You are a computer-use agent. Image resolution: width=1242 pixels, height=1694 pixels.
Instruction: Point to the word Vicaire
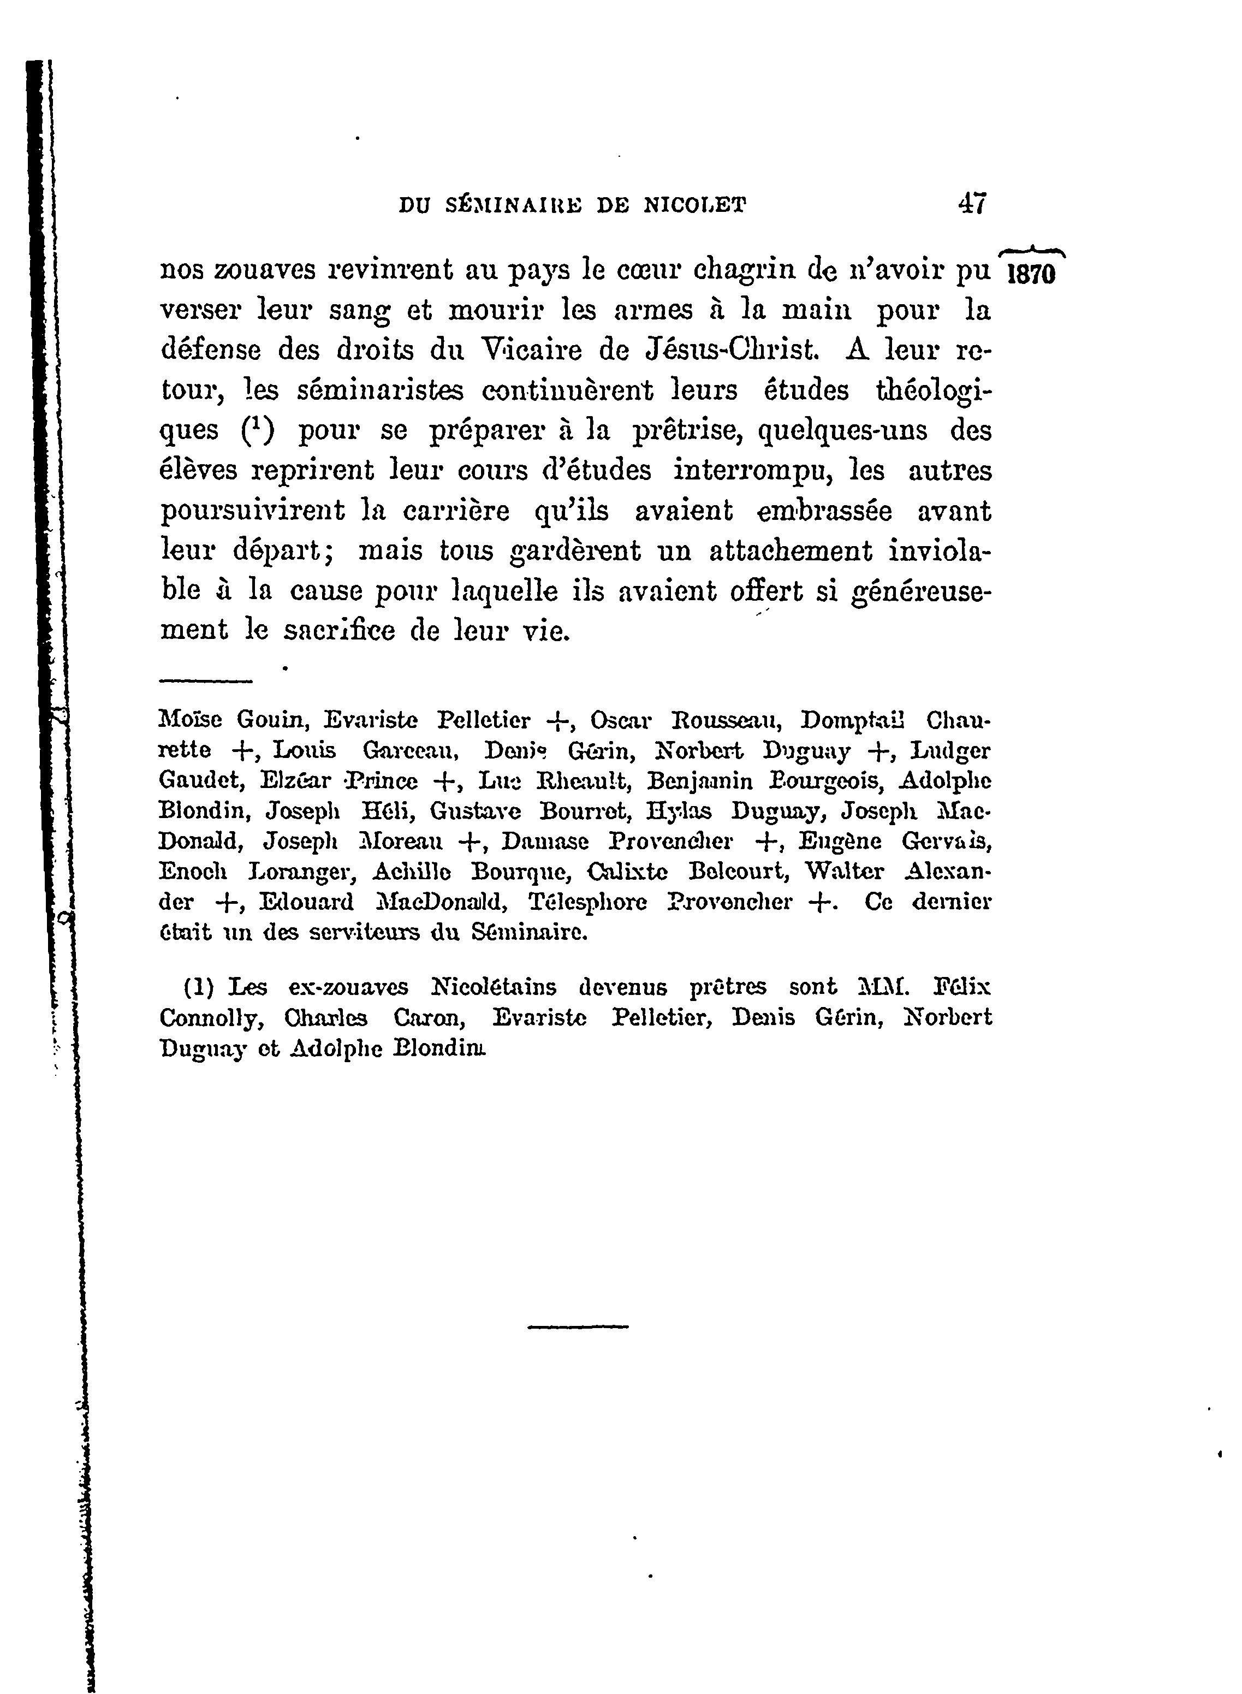pos(532,351)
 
